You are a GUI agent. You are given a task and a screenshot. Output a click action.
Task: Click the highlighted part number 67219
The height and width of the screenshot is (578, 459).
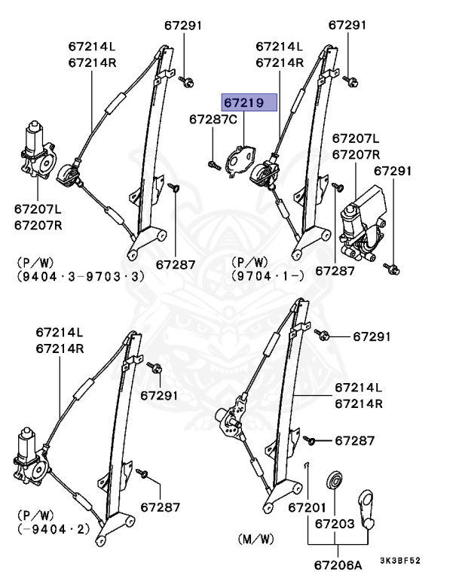tap(249, 102)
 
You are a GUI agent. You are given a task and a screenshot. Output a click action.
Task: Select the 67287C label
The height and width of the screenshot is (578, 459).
tap(213, 120)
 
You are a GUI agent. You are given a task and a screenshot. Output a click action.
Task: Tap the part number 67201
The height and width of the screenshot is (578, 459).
tap(308, 508)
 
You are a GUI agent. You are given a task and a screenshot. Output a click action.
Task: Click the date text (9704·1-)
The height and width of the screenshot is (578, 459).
tap(268, 276)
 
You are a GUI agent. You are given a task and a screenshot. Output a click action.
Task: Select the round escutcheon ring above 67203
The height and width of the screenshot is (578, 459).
tap(334, 482)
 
